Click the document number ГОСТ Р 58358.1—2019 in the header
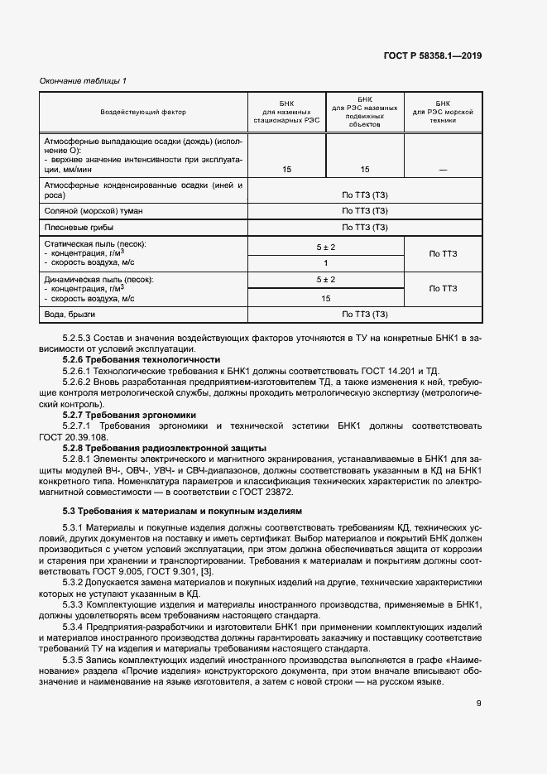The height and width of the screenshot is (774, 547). (x=432, y=55)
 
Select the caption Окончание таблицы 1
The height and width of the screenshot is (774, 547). (x=84, y=80)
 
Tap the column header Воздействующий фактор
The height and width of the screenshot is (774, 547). (x=143, y=112)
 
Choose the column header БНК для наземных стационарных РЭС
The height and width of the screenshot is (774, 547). (x=286, y=112)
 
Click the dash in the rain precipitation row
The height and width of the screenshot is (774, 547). (x=443, y=170)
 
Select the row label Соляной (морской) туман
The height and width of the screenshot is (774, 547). (x=94, y=211)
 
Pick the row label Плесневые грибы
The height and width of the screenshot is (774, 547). (x=79, y=227)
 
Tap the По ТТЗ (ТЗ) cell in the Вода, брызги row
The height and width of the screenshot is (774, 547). (x=364, y=315)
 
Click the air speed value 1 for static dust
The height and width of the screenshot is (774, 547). (x=325, y=262)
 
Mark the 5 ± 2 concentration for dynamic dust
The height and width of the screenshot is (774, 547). (x=325, y=281)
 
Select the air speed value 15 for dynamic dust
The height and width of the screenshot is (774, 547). (x=325, y=298)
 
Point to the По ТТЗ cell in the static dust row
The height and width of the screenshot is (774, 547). (x=443, y=254)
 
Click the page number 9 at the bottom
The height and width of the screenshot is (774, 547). (x=478, y=704)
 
